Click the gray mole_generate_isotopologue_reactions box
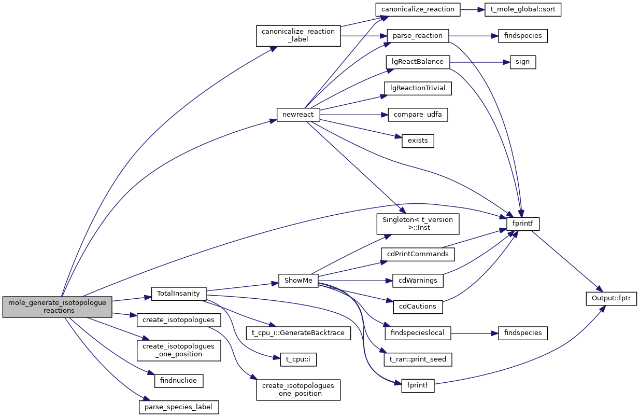click(x=58, y=307)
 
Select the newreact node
click(x=298, y=115)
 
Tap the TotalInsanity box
click(x=178, y=294)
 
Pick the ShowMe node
click(x=298, y=281)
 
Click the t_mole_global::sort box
click(x=522, y=10)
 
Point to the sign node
click(x=523, y=62)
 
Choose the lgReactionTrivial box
click(x=418, y=88)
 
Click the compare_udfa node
click(x=418, y=115)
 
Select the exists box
click(x=418, y=141)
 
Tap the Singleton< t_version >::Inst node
click(x=418, y=224)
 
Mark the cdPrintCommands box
click(x=418, y=254)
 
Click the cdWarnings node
click(x=418, y=281)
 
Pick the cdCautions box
click(x=418, y=307)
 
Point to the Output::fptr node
click(x=611, y=298)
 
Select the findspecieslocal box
click(x=418, y=332)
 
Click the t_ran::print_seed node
click(x=418, y=358)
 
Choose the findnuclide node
click(x=179, y=381)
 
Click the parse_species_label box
click(x=179, y=407)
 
